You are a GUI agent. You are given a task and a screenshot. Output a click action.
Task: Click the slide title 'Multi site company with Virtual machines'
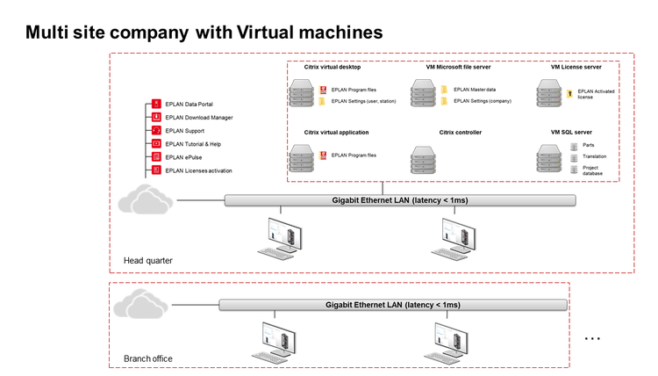pyautogui.click(x=204, y=33)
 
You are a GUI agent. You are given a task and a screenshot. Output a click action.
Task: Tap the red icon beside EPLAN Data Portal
pyautogui.click(x=156, y=105)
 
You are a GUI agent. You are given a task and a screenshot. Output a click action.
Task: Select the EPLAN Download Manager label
pyautogui.click(x=198, y=118)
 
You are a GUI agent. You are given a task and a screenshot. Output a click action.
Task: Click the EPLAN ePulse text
pyautogui.click(x=184, y=156)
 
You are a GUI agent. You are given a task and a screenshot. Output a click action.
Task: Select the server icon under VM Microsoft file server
pyautogui.click(x=426, y=92)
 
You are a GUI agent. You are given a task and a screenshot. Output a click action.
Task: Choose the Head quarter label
pyautogui.click(x=147, y=260)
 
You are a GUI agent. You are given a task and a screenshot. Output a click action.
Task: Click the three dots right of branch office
pyautogui.click(x=592, y=338)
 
